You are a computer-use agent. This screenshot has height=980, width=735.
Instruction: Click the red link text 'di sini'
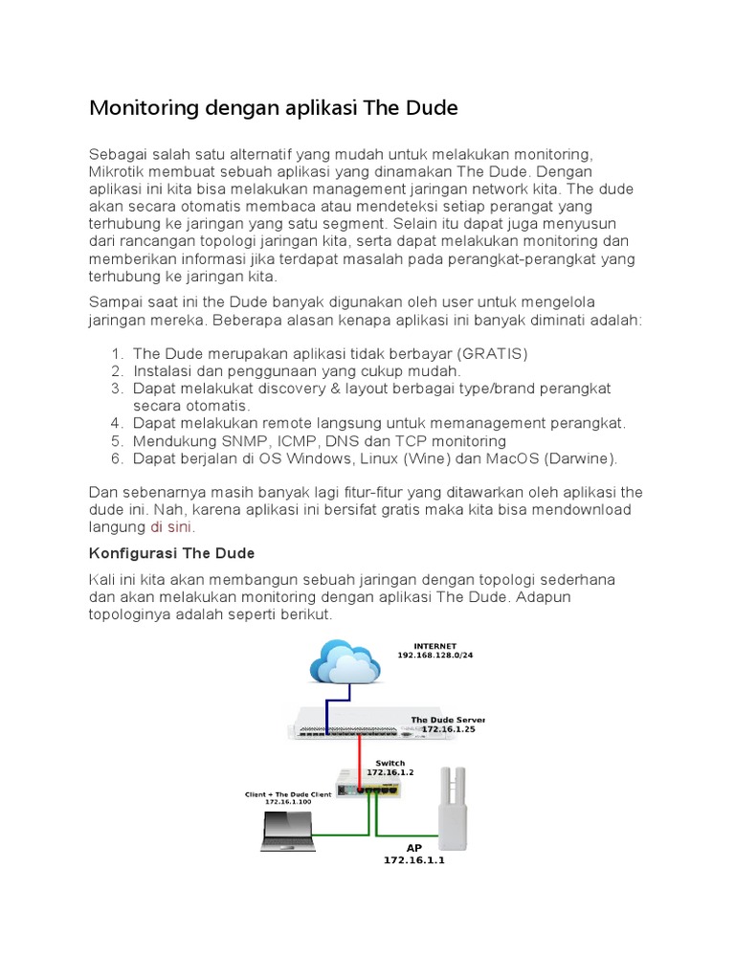tap(170, 527)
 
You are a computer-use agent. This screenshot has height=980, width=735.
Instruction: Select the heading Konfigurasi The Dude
tap(171, 554)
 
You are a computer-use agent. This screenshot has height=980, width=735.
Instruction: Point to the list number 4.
tap(117, 422)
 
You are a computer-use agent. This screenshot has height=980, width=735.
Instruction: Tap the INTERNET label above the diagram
tap(434, 646)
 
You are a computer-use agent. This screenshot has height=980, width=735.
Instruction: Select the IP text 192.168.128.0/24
tap(435, 657)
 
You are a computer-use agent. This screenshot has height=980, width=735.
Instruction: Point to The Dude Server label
tap(448, 719)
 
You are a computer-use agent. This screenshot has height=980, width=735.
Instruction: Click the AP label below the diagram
tap(414, 847)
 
